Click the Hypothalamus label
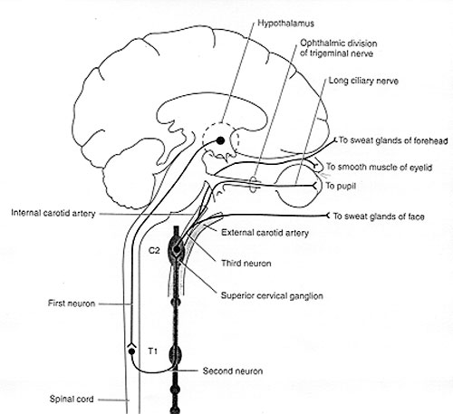click(x=285, y=24)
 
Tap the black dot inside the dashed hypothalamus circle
click(x=221, y=140)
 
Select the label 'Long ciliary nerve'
click(x=363, y=81)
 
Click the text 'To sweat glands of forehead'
click(x=393, y=140)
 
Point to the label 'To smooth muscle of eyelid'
click(x=379, y=167)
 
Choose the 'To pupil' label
click(x=341, y=186)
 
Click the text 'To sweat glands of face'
click(x=379, y=217)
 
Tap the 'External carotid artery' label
click(x=265, y=233)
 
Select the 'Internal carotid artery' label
click(x=53, y=213)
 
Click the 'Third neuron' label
click(x=246, y=264)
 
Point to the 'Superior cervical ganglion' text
click(x=272, y=295)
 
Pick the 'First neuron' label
click(x=72, y=303)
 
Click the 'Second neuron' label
click(x=233, y=371)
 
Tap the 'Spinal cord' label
click(x=72, y=400)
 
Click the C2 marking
click(x=154, y=250)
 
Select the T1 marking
click(x=153, y=351)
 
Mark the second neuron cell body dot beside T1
click(x=131, y=351)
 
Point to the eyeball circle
click(x=277, y=186)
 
